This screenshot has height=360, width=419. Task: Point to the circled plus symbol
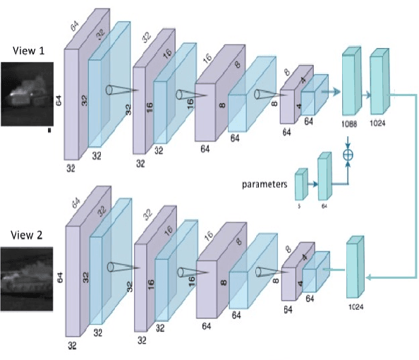click(x=347, y=153)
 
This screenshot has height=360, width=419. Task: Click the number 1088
click(x=351, y=122)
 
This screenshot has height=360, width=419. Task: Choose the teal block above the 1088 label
click(x=351, y=83)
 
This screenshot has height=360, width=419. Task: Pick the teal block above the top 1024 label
click(x=379, y=83)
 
